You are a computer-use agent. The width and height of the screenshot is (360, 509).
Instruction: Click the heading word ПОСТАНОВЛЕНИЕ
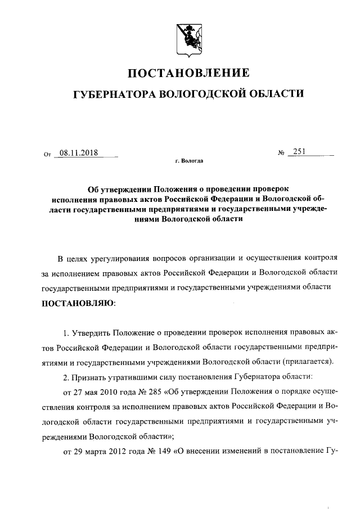coord(188,74)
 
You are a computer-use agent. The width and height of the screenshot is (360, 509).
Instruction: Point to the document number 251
coord(299,152)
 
